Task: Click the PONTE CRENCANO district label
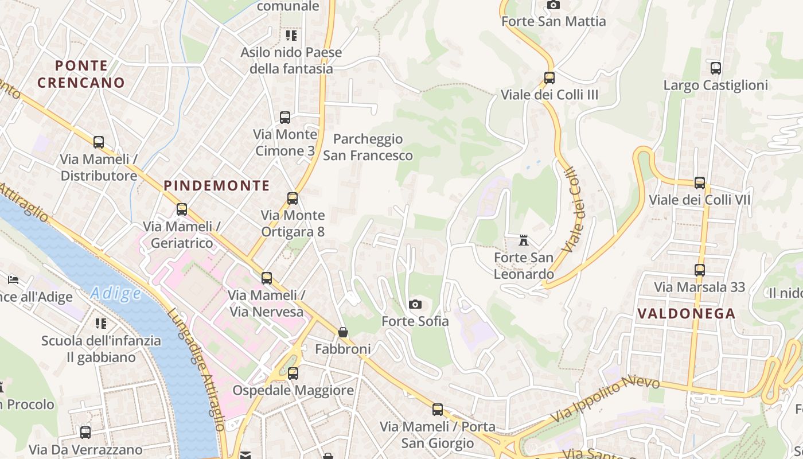(81, 74)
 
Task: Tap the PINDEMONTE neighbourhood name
(217, 185)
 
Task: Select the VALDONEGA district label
(686, 313)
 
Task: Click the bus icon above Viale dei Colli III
(549, 77)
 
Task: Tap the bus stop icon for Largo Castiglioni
(715, 68)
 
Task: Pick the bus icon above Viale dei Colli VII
(699, 183)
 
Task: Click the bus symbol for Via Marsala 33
(699, 270)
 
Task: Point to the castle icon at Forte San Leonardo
(523, 240)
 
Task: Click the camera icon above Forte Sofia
(415, 304)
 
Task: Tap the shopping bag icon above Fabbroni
(342, 332)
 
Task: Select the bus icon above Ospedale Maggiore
(293, 374)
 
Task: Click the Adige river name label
(116, 294)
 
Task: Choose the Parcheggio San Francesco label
(368, 147)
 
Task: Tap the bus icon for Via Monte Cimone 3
(285, 118)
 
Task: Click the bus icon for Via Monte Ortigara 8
(292, 199)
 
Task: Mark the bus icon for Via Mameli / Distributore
(99, 142)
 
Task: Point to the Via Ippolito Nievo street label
(605, 399)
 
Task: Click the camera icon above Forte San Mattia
(553, 5)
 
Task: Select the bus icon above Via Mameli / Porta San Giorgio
(437, 410)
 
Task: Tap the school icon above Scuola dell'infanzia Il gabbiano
(101, 324)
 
